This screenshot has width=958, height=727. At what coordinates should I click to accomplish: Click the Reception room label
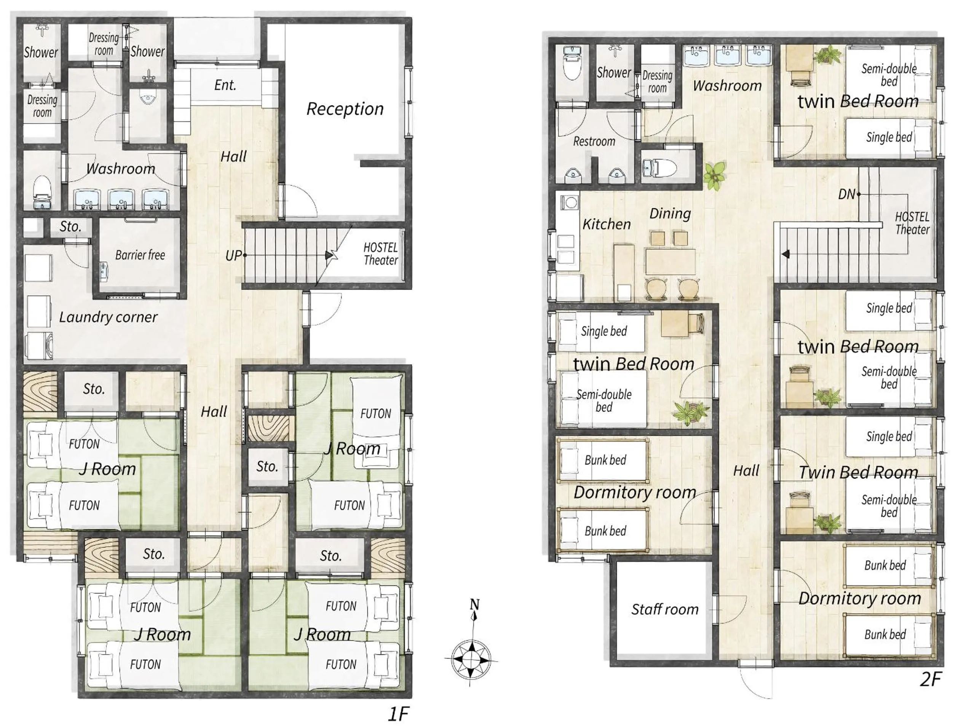345,109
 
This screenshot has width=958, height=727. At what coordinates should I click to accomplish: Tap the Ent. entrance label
225,85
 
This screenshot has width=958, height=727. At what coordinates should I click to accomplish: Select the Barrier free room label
140,255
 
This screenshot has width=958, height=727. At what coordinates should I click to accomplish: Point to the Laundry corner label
108,317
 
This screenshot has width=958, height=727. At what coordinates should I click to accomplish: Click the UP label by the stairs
233,255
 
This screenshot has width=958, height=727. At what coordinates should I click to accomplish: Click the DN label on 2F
847,194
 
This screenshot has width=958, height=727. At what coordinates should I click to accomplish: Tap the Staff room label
664,609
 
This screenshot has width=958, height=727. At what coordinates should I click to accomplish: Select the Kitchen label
606,224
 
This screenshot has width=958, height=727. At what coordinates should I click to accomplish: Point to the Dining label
670,213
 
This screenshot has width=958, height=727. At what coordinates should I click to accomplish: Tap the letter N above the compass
475,604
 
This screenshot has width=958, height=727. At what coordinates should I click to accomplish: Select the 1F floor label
398,714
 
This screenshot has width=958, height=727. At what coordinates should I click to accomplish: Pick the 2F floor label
930,679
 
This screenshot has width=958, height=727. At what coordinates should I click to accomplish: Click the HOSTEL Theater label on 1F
380,254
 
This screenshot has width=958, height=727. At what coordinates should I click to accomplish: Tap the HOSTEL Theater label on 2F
912,223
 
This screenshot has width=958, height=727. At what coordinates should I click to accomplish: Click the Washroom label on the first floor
120,169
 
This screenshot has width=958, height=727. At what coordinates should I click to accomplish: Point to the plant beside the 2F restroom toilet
714,175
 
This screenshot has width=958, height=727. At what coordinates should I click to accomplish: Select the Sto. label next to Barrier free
70,226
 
